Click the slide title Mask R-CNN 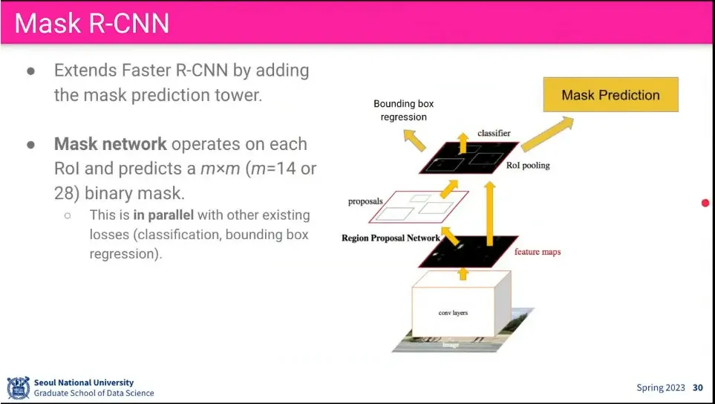click(x=92, y=23)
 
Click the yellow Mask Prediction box click(x=610, y=95)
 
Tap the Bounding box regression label click(x=399, y=111)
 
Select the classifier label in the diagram click(x=494, y=133)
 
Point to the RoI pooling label click(x=528, y=165)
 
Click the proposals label click(x=366, y=201)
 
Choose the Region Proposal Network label click(x=391, y=238)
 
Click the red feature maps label click(x=538, y=252)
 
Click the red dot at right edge click(x=705, y=203)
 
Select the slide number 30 click(x=697, y=388)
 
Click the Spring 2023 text click(x=661, y=388)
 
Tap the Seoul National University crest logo click(x=18, y=388)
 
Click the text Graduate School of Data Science click(x=94, y=393)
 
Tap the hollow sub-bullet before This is click(x=68, y=215)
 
